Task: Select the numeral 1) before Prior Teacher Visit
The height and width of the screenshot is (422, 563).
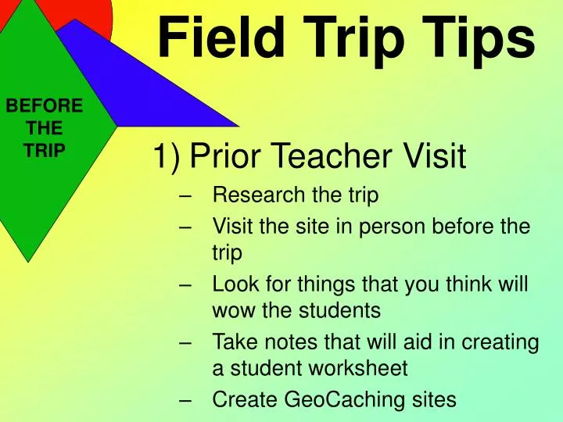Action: pos(167,159)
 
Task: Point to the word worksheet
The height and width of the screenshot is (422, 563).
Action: pos(344,368)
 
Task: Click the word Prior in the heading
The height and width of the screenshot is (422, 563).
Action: pos(223,159)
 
